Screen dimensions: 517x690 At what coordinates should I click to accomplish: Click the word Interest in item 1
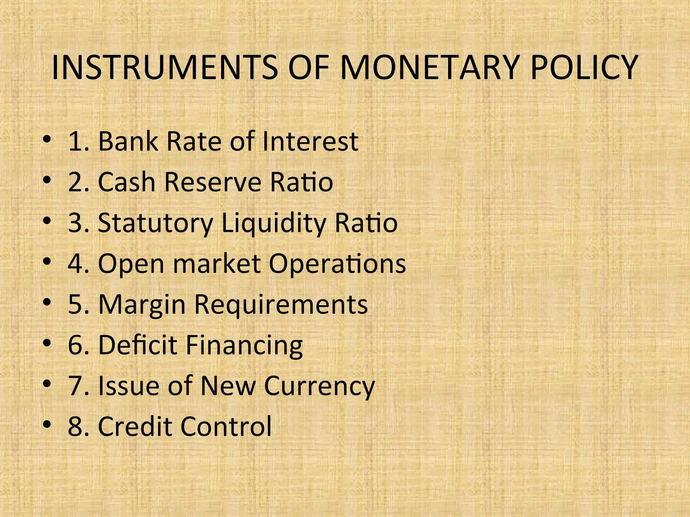click(x=310, y=141)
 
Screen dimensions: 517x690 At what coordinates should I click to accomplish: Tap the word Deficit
click(x=137, y=345)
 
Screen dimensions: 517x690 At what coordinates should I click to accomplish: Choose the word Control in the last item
click(x=226, y=426)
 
